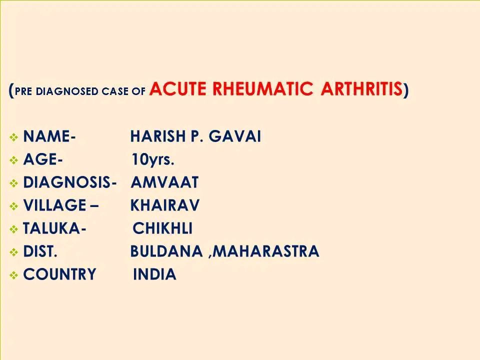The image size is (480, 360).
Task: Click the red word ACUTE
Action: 177,89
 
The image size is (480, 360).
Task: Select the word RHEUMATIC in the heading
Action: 262,89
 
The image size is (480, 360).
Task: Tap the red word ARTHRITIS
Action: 361,89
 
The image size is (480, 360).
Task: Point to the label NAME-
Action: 49,136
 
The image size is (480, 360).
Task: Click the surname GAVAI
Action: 235,136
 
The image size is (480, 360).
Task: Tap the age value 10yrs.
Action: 153,159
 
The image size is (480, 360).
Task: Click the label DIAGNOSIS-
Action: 70,182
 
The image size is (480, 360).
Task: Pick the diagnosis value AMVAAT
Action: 164,182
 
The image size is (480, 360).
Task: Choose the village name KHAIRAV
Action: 164,205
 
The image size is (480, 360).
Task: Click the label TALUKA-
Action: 54,228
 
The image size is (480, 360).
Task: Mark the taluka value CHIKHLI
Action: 162,228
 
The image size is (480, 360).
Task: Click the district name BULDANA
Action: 166,251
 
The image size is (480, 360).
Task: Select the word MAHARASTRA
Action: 265,251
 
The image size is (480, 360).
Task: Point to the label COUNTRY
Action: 59,274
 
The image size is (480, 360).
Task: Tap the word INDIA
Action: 154,274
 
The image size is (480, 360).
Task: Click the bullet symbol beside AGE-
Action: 14,160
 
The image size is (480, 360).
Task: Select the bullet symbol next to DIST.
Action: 14,252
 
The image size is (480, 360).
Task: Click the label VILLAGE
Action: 54,205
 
